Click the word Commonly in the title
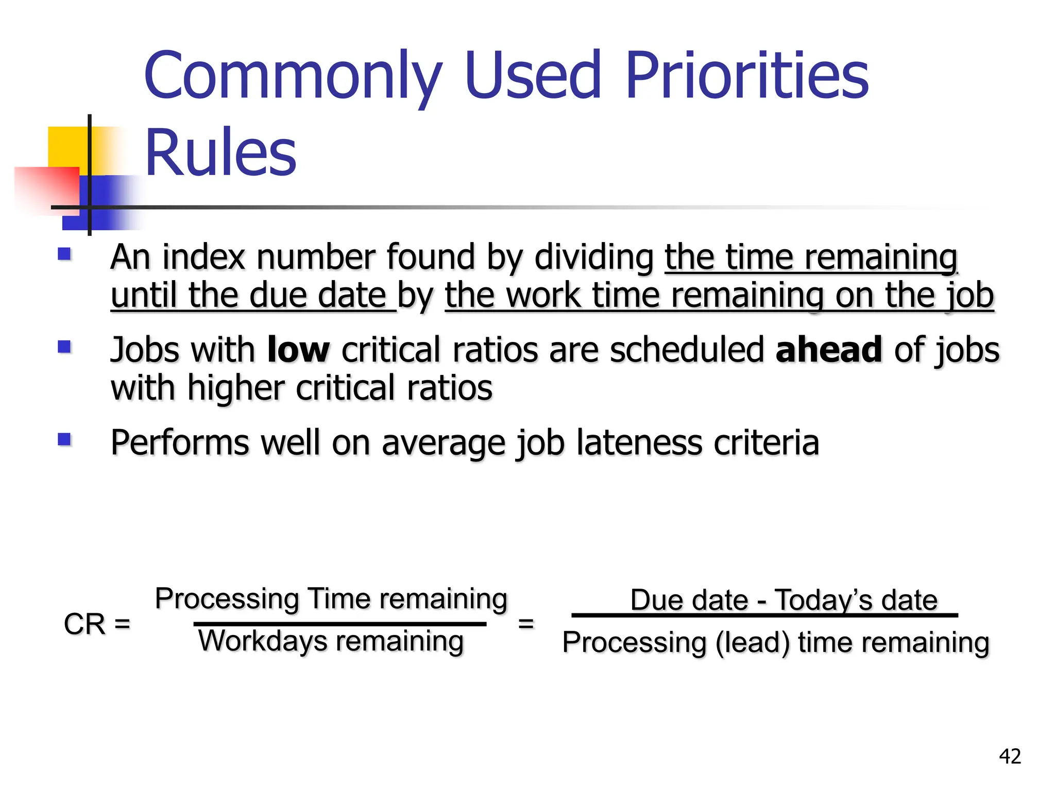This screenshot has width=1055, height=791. (x=293, y=76)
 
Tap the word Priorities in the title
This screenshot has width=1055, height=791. (x=746, y=76)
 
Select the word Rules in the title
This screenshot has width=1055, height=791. (x=220, y=153)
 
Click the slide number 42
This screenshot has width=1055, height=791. (x=1010, y=756)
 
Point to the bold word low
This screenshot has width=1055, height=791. (x=298, y=350)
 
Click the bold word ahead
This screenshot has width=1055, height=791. (x=829, y=350)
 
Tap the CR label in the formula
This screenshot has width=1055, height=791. (x=84, y=624)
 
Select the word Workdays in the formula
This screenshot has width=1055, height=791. (x=263, y=641)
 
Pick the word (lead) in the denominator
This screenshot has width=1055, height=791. (x=753, y=643)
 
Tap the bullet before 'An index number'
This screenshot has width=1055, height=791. (x=64, y=254)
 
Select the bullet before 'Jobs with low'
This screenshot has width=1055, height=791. (x=64, y=347)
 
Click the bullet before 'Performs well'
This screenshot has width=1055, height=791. (x=64, y=439)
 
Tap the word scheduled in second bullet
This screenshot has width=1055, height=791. (x=687, y=350)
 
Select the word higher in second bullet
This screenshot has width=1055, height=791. (x=236, y=388)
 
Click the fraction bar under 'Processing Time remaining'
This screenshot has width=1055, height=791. (x=340, y=624)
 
